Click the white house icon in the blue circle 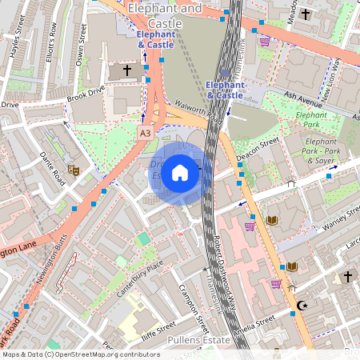(x=180, y=173)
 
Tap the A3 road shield (x=145, y=132)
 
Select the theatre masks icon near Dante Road (x=74, y=170)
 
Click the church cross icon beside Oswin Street (x=126, y=71)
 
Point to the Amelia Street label (x=254, y=322)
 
